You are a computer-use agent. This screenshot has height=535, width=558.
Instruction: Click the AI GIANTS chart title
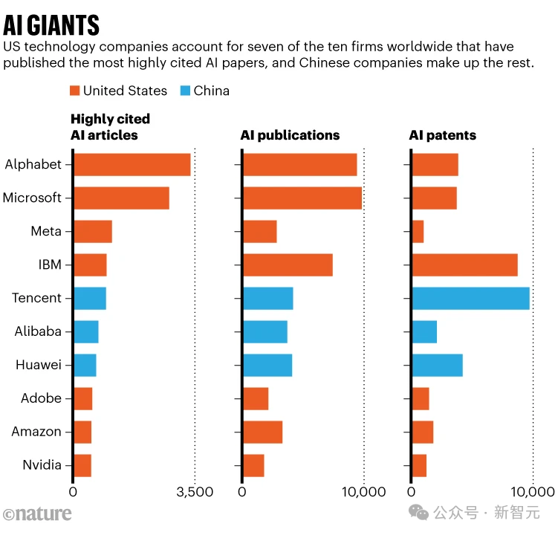pyautogui.click(x=51, y=25)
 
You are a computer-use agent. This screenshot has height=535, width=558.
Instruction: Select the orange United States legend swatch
pyautogui.click(x=75, y=91)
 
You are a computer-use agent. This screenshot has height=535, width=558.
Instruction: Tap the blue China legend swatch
pyautogui.click(x=186, y=91)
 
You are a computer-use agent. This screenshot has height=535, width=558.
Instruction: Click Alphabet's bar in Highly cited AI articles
pyautogui.click(x=132, y=164)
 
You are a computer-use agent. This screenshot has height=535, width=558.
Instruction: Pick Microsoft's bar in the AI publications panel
pyautogui.click(x=302, y=198)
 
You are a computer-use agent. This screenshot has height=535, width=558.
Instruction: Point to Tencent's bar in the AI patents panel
pyautogui.click(x=470, y=298)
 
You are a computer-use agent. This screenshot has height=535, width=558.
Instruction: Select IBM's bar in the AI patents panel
pyautogui.click(x=464, y=265)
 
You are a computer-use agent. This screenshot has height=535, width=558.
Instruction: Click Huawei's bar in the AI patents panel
pyautogui.click(x=437, y=365)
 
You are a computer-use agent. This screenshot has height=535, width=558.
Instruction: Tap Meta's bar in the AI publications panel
pyautogui.click(x=259, y=231)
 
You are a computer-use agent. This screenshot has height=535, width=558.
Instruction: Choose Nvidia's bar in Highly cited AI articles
pyautogui.click(x=82, y=465)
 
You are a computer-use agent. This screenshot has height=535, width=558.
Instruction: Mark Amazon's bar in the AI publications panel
pyautogui.click(x=262, y=432)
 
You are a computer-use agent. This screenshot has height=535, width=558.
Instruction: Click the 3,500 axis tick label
pyautogui.click(x=194, y=492)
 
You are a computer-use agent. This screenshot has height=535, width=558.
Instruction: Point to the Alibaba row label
pyautogui.click(x=38, y=331)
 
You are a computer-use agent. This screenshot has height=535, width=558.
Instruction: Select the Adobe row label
pyautogui.click(x=41, y=398)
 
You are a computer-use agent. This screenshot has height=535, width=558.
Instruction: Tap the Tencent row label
pyautogui.click(x=36, y=298)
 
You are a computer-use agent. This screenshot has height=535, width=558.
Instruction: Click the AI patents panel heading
pyautogui.click(x=443, y=135)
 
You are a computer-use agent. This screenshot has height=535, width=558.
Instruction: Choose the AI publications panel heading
pyautogui.click(x=290, y=135)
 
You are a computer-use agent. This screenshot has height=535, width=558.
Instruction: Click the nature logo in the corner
pyautogui.click(x=37, y=513)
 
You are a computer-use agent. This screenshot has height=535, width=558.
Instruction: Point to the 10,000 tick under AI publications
pyautogui.click(x=364, y=492)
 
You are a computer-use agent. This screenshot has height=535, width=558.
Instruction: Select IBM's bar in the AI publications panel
pyautogui.click(x=288, y=265)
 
